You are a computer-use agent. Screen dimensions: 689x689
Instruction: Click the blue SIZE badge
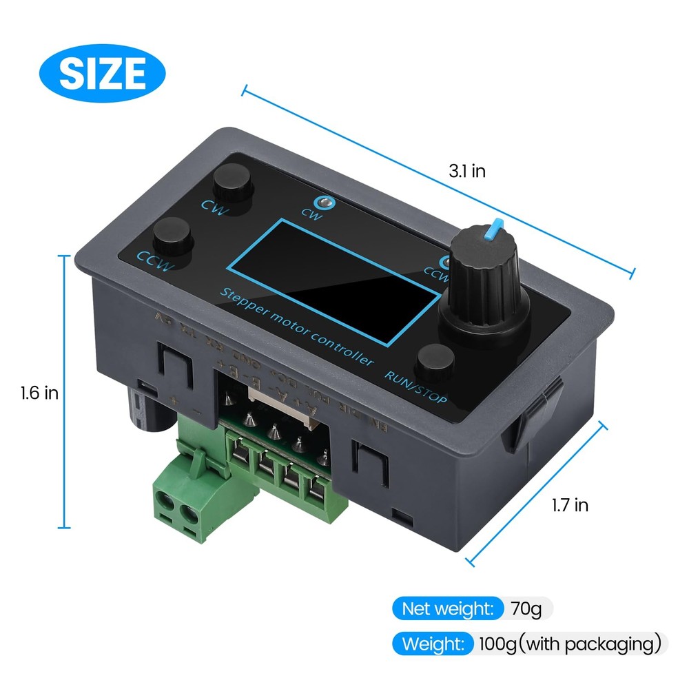tap(103, 71)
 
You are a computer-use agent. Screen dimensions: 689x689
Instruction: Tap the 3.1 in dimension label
tap(466, 172)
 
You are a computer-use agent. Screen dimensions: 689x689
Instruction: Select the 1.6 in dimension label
tap(39, 393)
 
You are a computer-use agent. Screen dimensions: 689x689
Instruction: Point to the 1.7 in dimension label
tap(570, 505)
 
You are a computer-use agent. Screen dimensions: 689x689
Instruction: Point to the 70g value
tap(527, 608)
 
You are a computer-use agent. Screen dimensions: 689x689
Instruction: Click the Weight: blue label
tap(433, 644)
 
